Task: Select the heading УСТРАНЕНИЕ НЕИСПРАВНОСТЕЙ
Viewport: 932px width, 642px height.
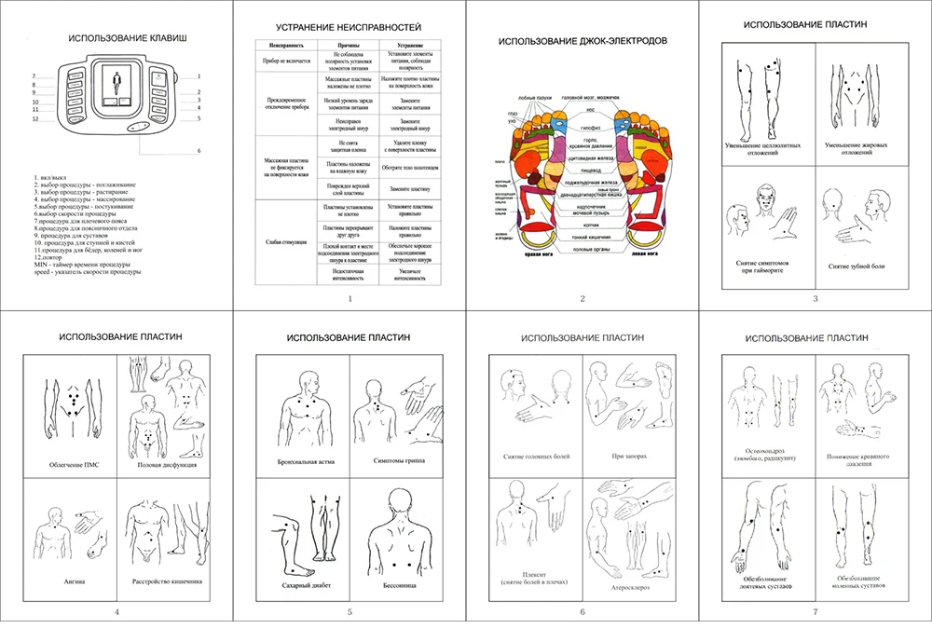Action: point(349,29)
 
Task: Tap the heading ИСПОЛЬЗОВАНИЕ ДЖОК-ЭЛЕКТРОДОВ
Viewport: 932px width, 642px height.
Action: point(582,41)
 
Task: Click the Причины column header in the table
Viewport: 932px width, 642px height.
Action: point(337,44)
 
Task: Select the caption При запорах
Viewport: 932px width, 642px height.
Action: point(630,457)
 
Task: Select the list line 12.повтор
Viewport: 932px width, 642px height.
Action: point(50,257)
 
